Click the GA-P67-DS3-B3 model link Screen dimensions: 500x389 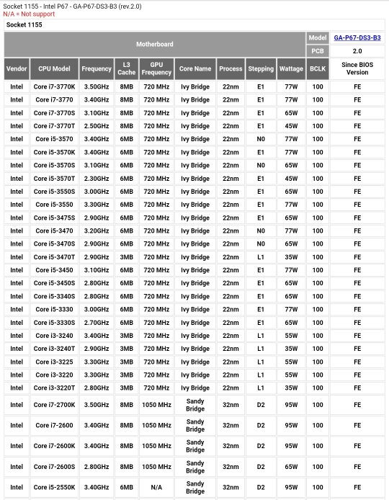(357, 37)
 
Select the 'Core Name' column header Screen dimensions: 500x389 (195, 69)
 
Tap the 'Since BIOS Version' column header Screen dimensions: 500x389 (357, 68)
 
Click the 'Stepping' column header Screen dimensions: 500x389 (261, 69)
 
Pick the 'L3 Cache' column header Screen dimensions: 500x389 (126, 68)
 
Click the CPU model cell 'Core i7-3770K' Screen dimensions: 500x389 (54, 86)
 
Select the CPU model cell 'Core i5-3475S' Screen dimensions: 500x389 (54, 218)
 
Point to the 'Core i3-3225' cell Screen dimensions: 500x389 (54, 362)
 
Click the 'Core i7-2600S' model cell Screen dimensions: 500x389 (54, 467)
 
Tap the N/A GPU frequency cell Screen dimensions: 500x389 (156, 487)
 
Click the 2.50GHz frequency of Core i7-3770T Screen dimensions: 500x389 (97, 126)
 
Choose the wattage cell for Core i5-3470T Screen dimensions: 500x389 (291, 257)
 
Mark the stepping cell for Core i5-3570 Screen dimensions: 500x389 (261, 139)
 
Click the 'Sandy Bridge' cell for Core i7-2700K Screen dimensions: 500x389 (195, 405)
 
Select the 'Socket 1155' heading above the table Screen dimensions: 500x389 (24, 24)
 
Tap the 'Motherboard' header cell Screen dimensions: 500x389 (155, 45)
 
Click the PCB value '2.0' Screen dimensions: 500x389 (357, 51)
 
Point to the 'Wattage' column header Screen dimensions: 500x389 (291, 69)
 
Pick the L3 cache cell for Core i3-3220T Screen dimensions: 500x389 (126, 388)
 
